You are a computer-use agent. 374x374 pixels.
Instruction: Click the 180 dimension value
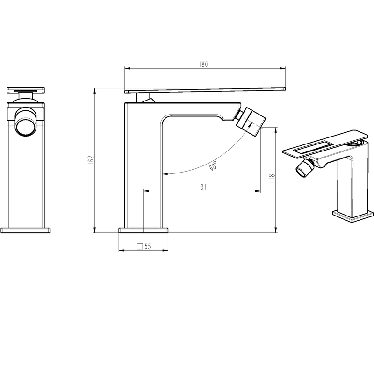(x=203, y=65)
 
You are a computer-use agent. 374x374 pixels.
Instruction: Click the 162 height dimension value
(x=91, y=160)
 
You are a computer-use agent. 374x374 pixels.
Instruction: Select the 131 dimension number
(x=202, y=187)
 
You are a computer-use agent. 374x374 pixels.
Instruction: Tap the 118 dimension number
(x=272, y=179)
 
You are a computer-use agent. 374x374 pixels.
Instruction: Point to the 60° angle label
(x=213, y=166)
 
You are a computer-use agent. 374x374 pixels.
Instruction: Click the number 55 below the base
(x=148, y=246)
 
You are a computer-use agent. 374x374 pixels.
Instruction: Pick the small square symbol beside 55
(x=140, y=246)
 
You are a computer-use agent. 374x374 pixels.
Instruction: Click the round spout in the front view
(x=26, y=122)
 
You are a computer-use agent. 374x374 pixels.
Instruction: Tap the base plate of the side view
(x=144, y=230)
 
